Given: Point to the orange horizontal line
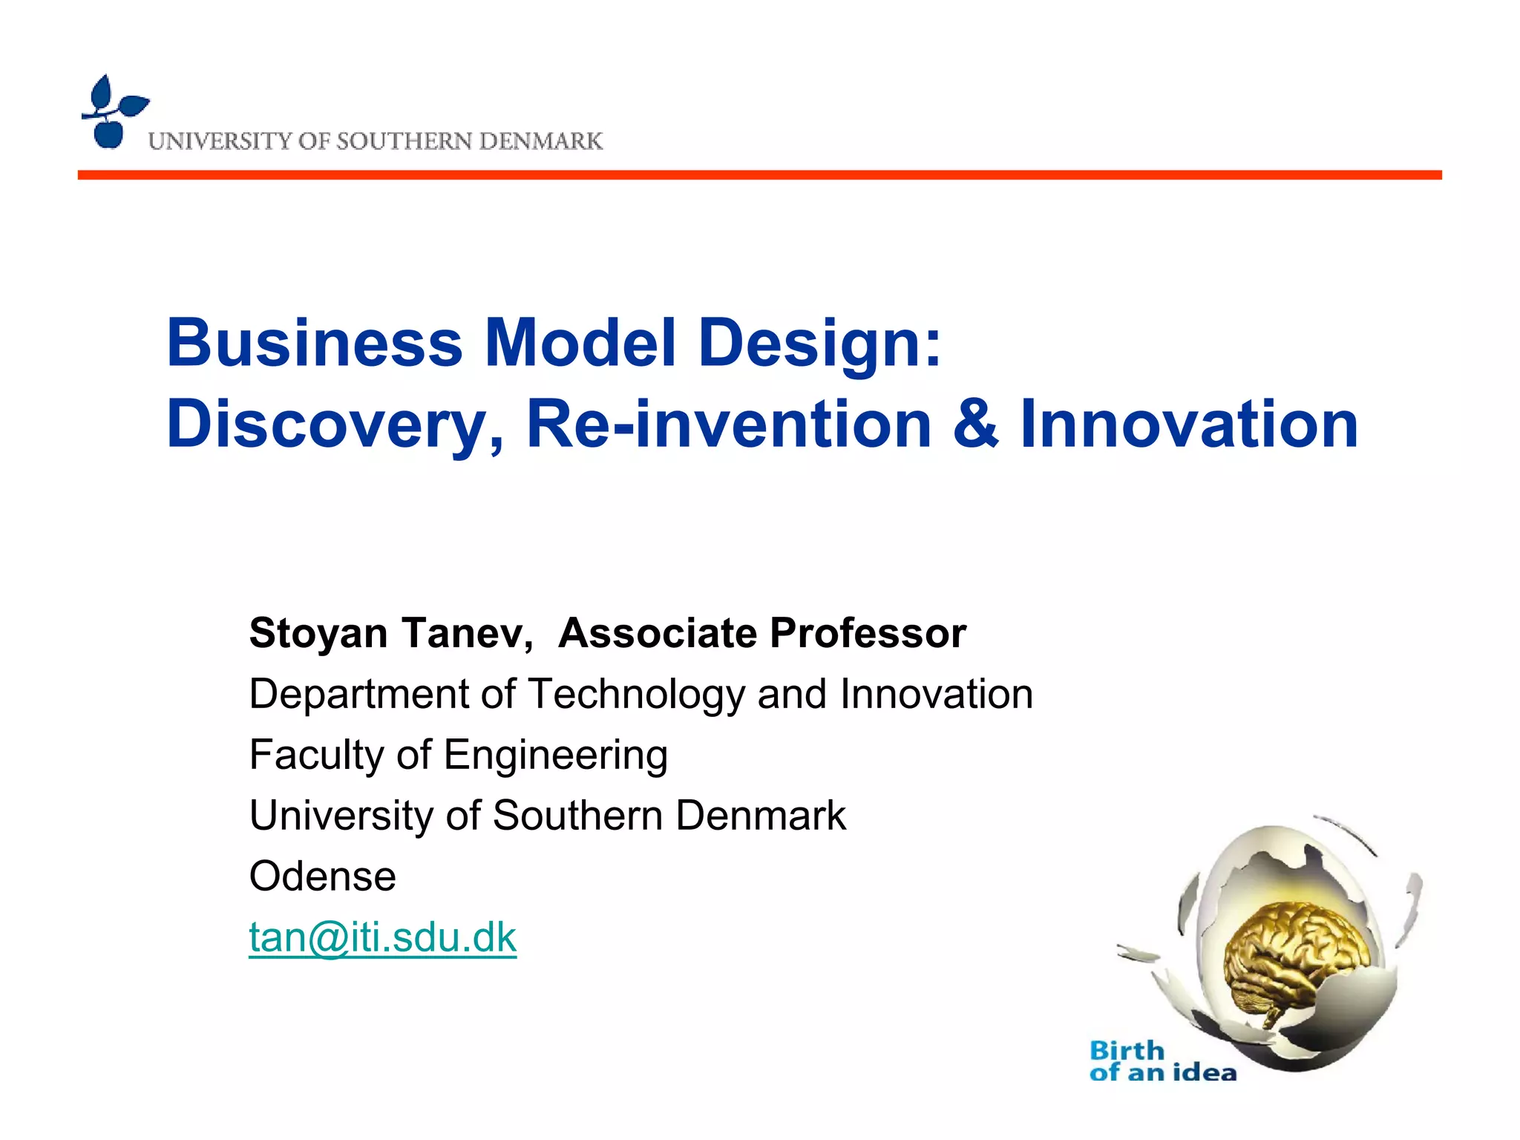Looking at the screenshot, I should pos(759,175).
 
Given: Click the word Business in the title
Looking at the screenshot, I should pos(315,343).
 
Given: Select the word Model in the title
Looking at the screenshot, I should pos(580,343).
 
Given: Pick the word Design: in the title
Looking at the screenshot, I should pos(820,343).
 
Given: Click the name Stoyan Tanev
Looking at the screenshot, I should pos(390,633).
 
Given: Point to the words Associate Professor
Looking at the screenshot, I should pos(762,633).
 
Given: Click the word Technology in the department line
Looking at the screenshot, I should pos(636,695).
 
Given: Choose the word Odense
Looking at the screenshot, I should pos(322,877).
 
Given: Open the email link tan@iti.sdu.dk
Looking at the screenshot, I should pos(382,937).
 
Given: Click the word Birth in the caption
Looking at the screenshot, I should pos(1127,1050).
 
